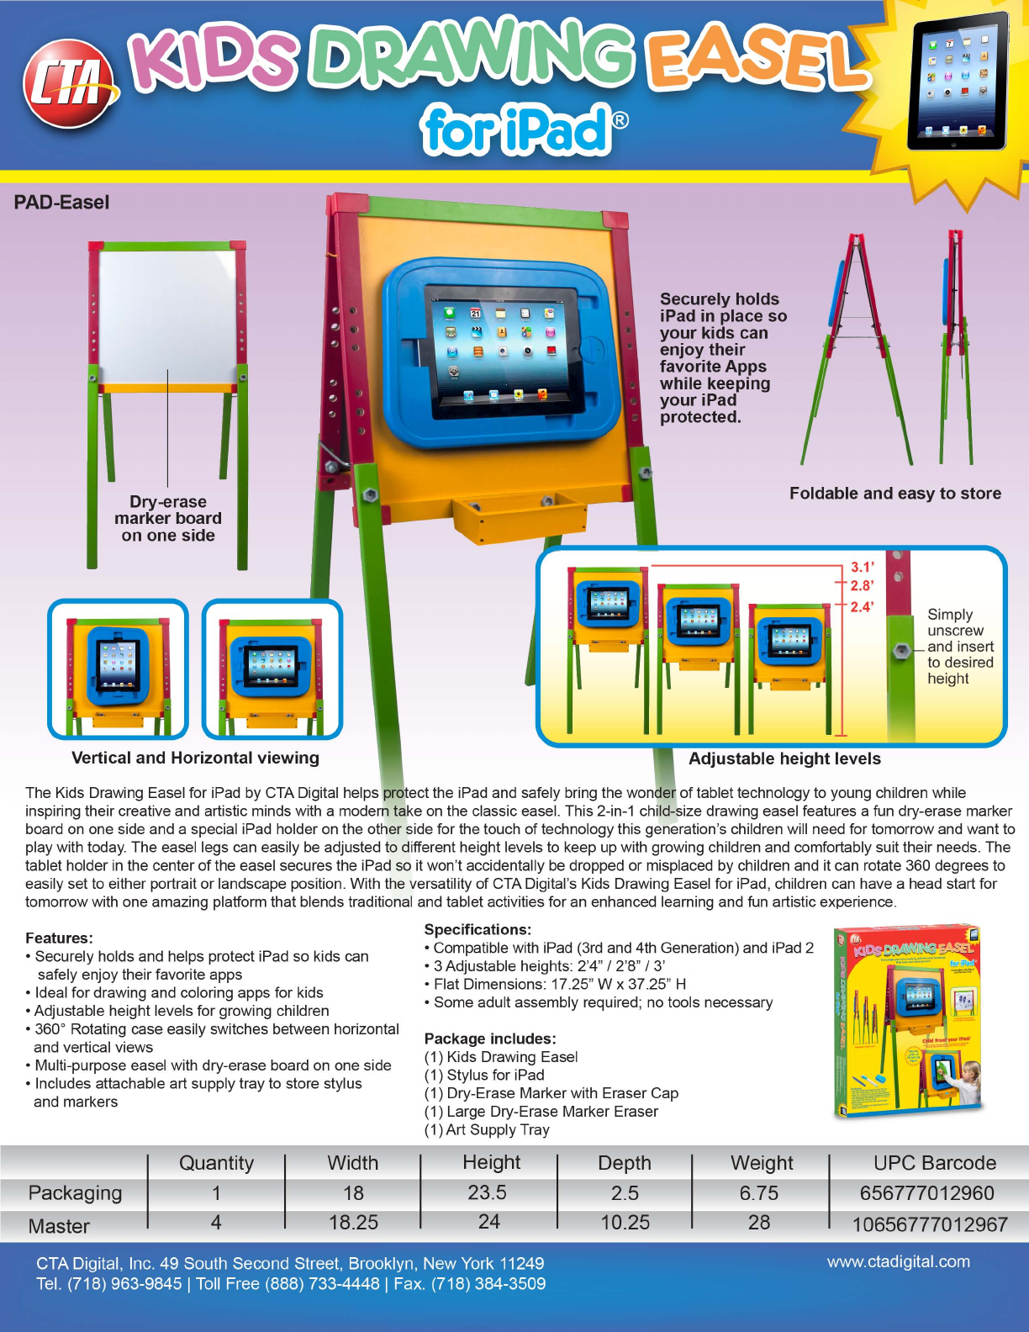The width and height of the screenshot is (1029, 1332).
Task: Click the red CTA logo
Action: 71,84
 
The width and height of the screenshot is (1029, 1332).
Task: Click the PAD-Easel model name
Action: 61,203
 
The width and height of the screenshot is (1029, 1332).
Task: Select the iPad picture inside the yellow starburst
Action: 958,81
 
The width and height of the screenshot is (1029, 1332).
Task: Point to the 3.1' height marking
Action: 862,568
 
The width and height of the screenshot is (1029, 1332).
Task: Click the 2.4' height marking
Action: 862,606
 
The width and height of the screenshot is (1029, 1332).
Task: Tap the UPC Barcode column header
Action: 934,1163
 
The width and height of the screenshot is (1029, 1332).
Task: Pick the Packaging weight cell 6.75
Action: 758,1193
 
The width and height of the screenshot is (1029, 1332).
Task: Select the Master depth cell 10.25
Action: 625,1223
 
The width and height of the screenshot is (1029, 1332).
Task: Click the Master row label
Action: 59,1226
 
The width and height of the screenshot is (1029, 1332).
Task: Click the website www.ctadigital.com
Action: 898,1261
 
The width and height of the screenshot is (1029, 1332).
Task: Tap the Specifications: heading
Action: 478,929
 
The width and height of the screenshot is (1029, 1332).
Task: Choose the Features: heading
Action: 59,938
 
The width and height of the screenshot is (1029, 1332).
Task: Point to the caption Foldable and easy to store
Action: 894,494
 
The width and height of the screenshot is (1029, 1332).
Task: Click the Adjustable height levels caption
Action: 784,758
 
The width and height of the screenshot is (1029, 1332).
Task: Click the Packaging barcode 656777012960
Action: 926,1193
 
